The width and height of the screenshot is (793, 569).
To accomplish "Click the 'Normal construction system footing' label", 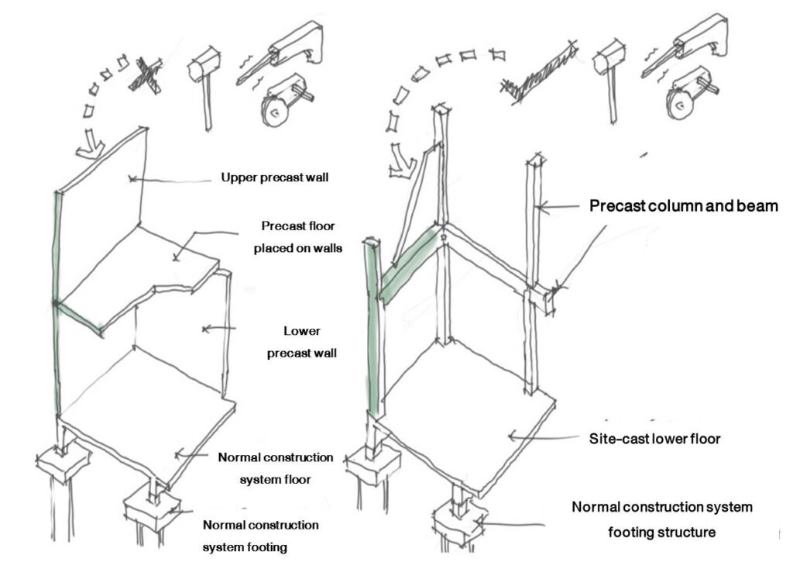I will pyautogui.click(x=260, y=536).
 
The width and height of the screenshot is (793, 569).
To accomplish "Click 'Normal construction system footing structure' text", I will pyautogui.click(x=662, y=519).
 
